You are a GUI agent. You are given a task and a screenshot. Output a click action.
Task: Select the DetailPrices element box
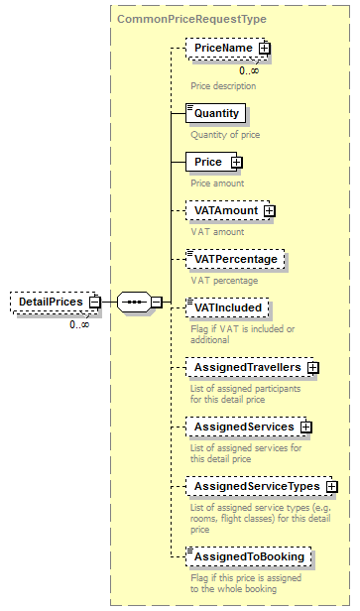coord(48,302)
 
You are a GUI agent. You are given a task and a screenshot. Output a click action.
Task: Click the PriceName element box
coord(223,48)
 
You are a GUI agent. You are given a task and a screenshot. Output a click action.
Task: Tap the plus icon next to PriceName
coord(265,48)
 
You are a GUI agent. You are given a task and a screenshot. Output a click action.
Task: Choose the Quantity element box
coord(216,113)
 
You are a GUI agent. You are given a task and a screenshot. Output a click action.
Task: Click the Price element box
coord(208,162)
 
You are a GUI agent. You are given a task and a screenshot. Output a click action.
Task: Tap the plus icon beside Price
coord(236,162)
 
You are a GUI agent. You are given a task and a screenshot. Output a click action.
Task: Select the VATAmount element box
coord(225,210)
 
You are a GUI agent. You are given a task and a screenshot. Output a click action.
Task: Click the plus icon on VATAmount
coord(269,210)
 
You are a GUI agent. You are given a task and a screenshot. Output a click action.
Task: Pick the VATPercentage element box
coord(236,259)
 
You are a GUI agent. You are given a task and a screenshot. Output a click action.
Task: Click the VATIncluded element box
coord(228,307)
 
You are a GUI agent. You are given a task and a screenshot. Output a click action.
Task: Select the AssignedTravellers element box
coord(247,368)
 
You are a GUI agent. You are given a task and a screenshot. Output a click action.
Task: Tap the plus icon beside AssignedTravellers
coord(313,368)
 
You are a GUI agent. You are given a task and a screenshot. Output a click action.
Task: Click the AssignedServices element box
coord(243,427)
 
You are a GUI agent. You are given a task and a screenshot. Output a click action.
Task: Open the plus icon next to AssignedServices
coord(306,427)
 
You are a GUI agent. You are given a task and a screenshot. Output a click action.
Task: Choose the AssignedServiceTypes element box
coord(256,487)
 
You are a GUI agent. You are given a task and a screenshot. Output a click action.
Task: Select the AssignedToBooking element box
coord(248,556)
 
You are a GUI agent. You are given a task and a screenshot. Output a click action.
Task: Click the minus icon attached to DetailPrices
coord(94,302)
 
